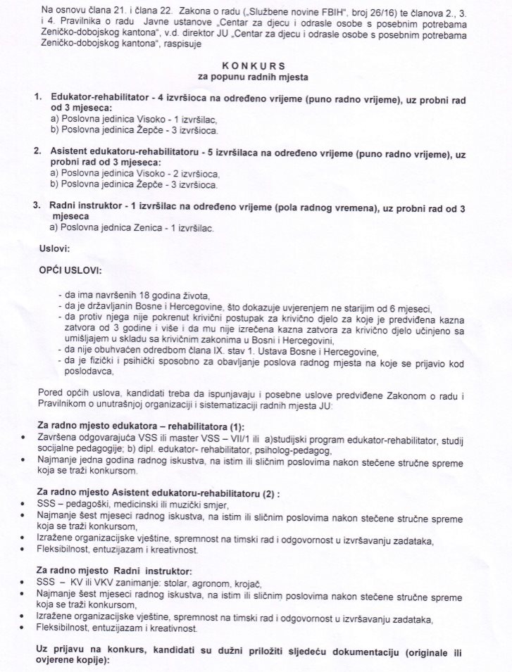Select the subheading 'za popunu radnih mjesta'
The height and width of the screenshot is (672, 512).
click(x=256, y=75)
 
